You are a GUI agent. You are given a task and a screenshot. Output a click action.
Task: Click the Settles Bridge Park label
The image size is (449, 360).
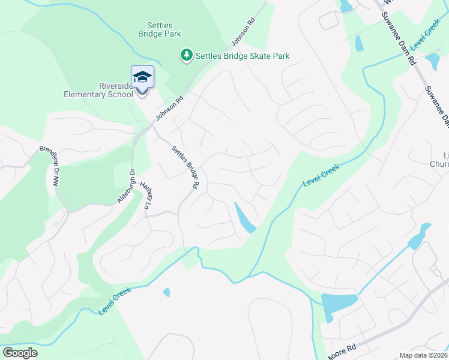click(x=164, y=29)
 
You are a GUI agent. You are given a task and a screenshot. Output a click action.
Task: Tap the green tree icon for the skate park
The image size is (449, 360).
click(x=187, y=56)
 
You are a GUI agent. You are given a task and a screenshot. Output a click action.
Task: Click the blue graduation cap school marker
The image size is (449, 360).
click(x=142, y=77)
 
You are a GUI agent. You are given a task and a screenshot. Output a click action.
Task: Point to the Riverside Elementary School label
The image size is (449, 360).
click(x=99, y=90)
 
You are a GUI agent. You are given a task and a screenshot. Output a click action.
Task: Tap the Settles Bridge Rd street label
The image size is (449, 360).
click(x=185, y=168)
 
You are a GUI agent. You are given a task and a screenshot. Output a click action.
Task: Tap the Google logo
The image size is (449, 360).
click(x=20, y=353)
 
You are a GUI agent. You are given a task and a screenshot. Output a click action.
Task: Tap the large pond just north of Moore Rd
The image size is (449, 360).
click(x=337, y=303)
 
